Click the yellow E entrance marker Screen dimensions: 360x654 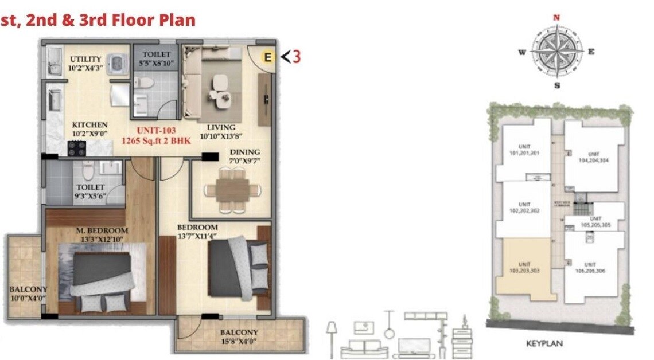pos(267,57)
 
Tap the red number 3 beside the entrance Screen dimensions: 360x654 pos(297,57)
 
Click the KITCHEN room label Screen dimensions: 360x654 pos(89,125)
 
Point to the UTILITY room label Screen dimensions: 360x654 pos(85,59)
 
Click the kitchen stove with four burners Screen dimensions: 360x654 pos(77,148)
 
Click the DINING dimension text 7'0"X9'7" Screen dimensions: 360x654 pos(245,161)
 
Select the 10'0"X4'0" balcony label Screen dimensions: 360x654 pos(28,298)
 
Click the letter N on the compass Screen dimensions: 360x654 pos(555,18)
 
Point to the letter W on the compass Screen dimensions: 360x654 pos(522,52)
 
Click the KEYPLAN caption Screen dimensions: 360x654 pos(544,344)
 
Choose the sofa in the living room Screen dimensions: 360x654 pos(198,80)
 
